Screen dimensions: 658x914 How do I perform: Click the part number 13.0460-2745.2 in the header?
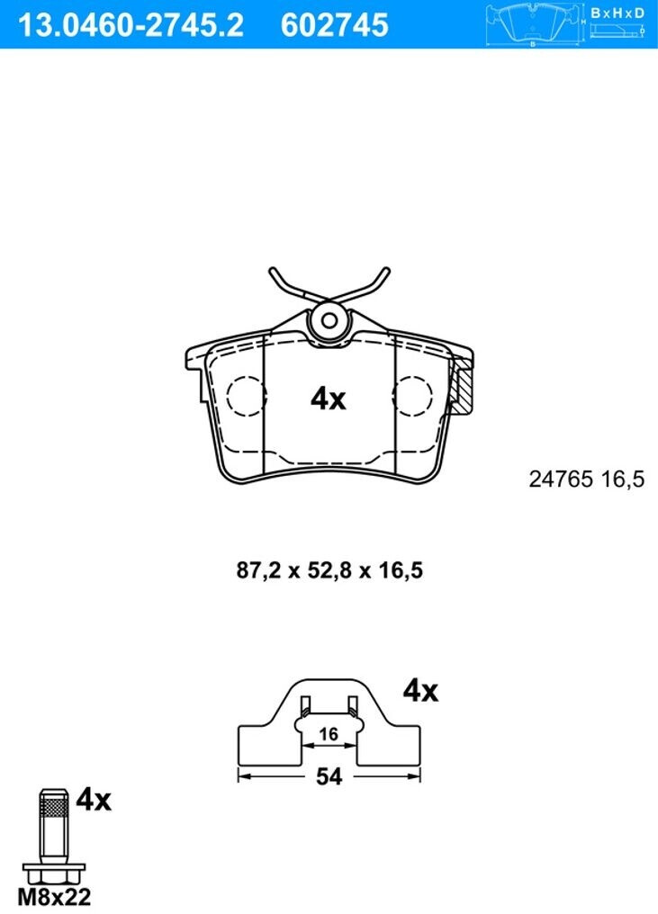click(x=131, y=24)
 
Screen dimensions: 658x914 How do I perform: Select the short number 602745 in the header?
click(x=334, y=24)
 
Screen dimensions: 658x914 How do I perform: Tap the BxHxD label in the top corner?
click(x=617, y=13)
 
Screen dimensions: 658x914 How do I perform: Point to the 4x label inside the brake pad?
click(x=329, y=399)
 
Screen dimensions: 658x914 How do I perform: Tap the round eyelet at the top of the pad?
click(x=329, y=320)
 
